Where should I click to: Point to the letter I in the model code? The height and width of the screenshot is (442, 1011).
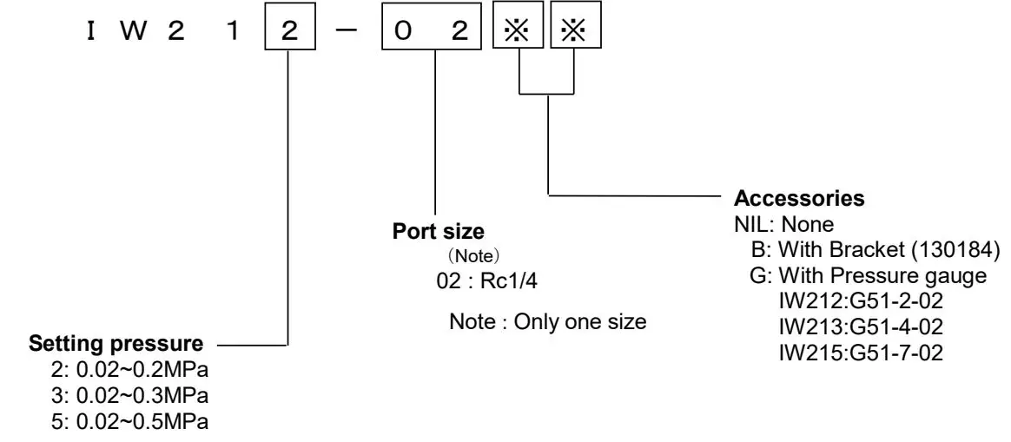[x=89, y=32]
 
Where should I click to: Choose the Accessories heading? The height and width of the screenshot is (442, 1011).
[x=800, y=199]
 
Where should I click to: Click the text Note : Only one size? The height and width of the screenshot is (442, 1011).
[x=547, y=321]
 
